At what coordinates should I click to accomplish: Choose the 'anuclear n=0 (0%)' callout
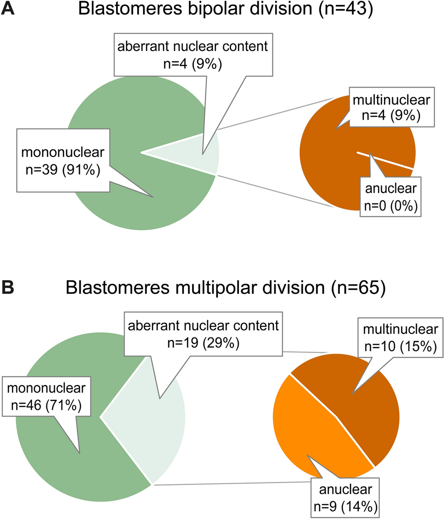[x=390, y=197]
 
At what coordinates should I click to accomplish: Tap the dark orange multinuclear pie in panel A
[x=330, y=170]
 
